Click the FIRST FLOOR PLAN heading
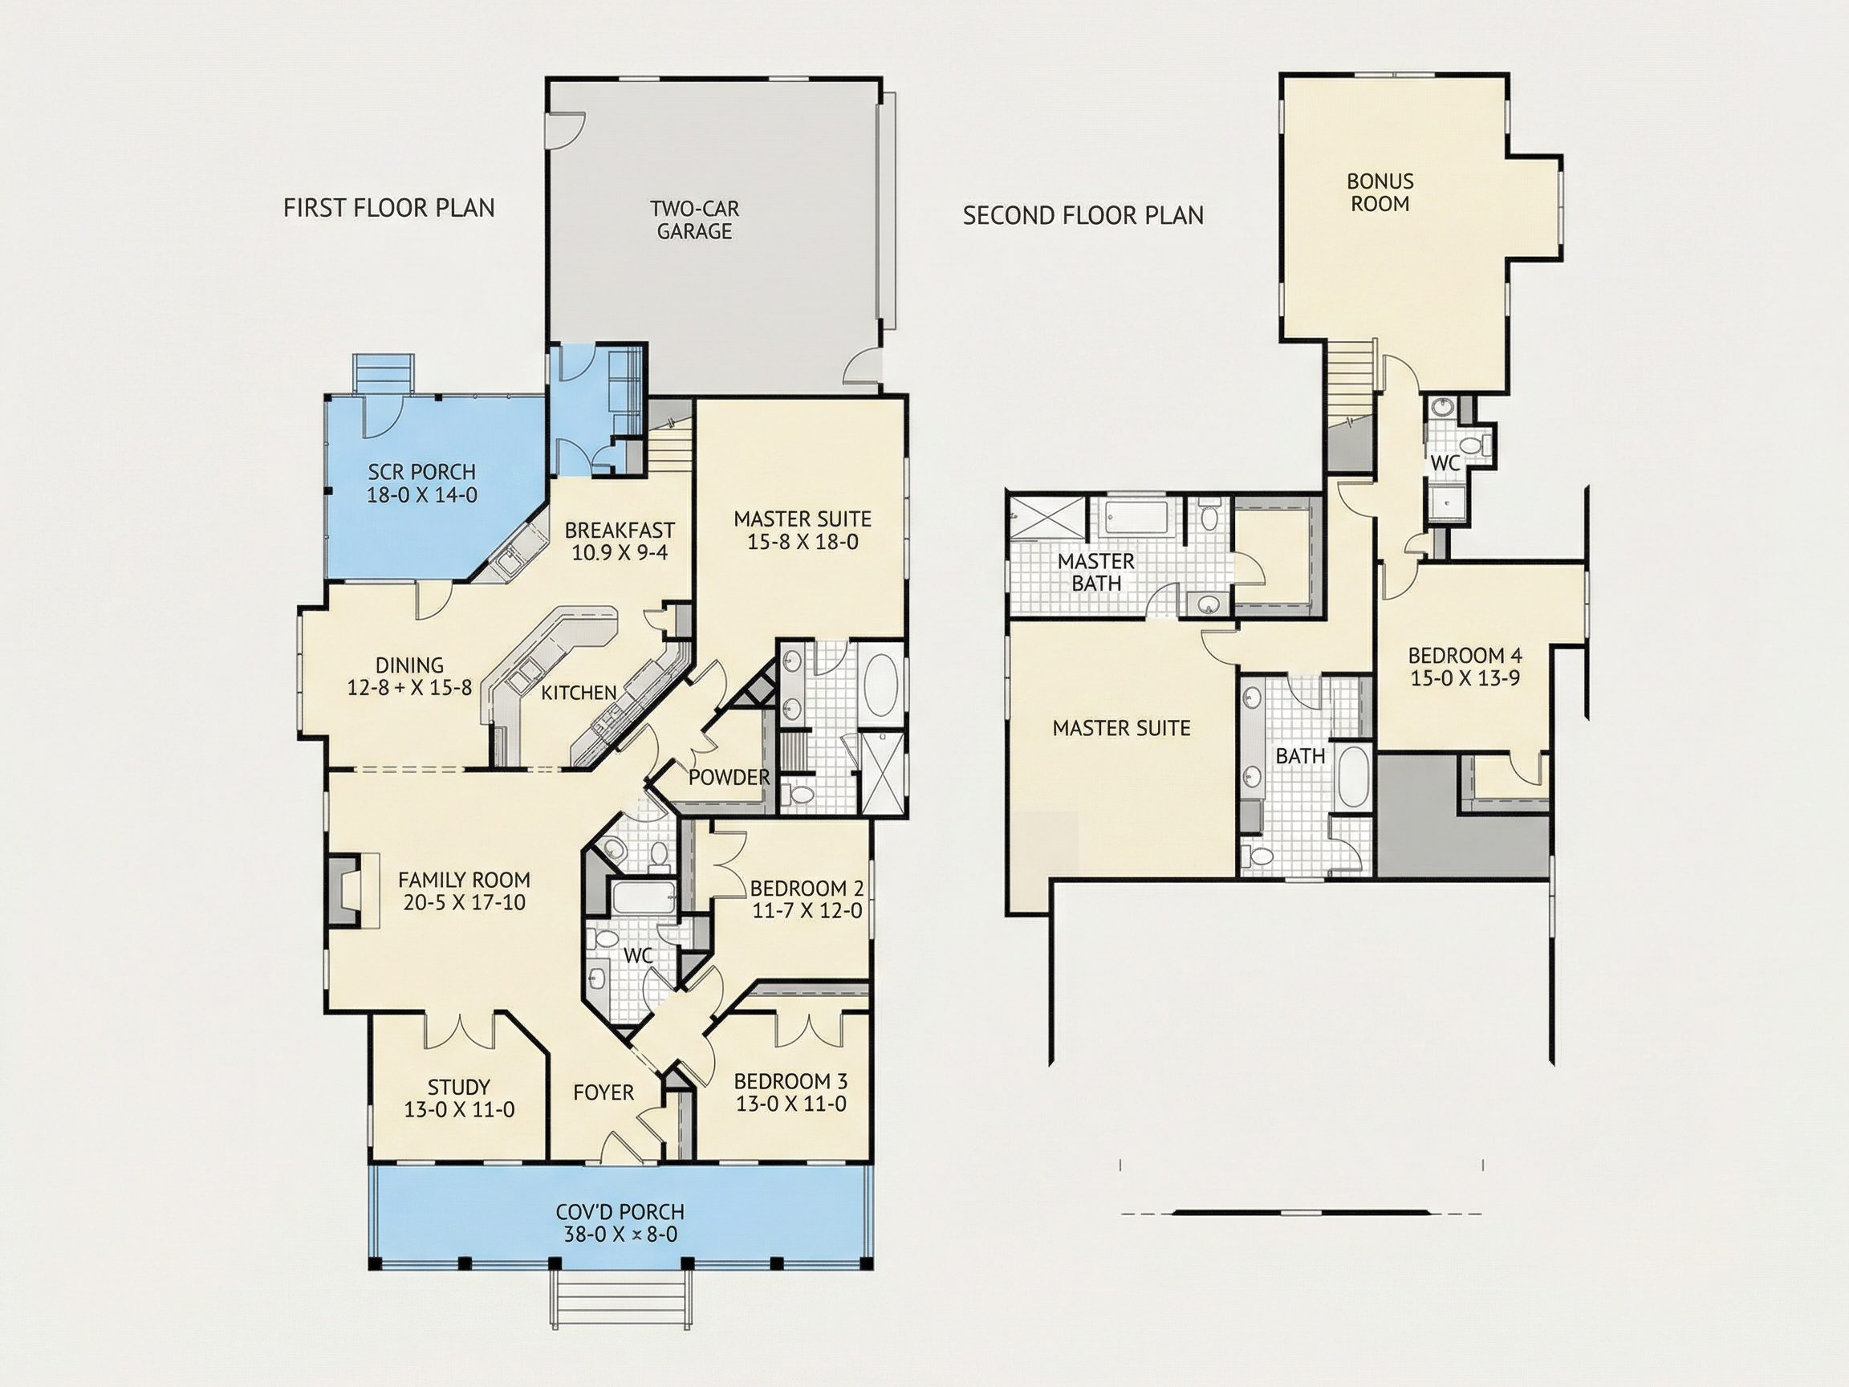pyautogui.click(x=388, y=207)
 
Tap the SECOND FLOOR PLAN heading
pyautogui.click(x=1083, y=216)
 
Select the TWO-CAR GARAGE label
pyautogui.click(x=695, y=220)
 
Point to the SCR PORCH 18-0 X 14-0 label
pyautogui.click(x=422, y=483)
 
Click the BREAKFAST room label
pyautogui.click(x=620, y=530)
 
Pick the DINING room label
pyautogui.click(x=409, y=665)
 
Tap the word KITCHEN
pyautogui.click(x=579, y=692)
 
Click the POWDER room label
pyautogui.click(x=729, y=778)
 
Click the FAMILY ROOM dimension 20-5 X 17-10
pyautogui.click(x=464, y=903)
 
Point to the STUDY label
pyautogui.click(x=458, y=1088)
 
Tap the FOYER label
pyautogui.click(x=603, y=1092)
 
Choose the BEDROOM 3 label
pyautogui.click(x=790, y=1081)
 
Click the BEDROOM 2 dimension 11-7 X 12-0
pyautogui.click(x=807, y=910)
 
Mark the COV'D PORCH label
pyautogui.click(x=620, y=1211)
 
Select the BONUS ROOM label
pyautogui.click(x=1380, y=193)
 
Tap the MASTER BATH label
pyautogui.click(x=1096, y=571)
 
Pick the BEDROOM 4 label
pyautogui.click(x=1465, y=656)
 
